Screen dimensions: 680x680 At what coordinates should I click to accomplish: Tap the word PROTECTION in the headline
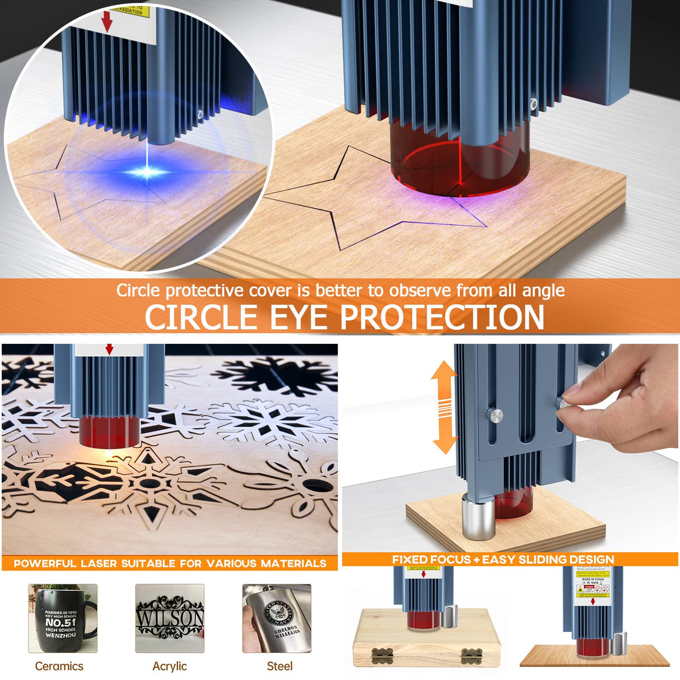[443, 318]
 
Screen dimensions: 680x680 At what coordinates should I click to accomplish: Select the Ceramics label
[59, 666]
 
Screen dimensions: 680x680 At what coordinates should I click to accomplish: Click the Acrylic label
[169, 666]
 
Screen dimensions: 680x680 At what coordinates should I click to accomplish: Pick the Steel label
[280, 666]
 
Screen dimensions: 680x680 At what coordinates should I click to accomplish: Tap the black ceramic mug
[62, 619]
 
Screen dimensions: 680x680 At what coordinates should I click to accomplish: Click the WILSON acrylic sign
[170, 618]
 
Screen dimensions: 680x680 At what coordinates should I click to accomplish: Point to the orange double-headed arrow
[445, 407]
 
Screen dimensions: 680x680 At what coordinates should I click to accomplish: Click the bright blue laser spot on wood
[147, 172]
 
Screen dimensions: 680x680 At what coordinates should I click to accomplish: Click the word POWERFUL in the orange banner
[44, 563]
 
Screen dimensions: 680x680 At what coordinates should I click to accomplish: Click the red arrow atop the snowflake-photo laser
[109, 350]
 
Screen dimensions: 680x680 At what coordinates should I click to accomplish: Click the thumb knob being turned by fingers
[561, 402]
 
